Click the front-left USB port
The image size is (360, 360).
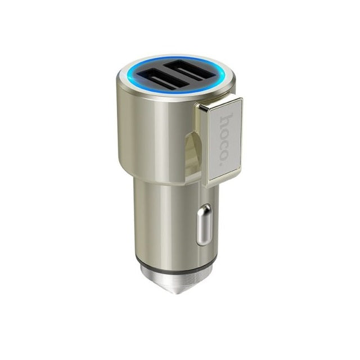[162, 80]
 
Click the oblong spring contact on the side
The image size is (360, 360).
[204, 224]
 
